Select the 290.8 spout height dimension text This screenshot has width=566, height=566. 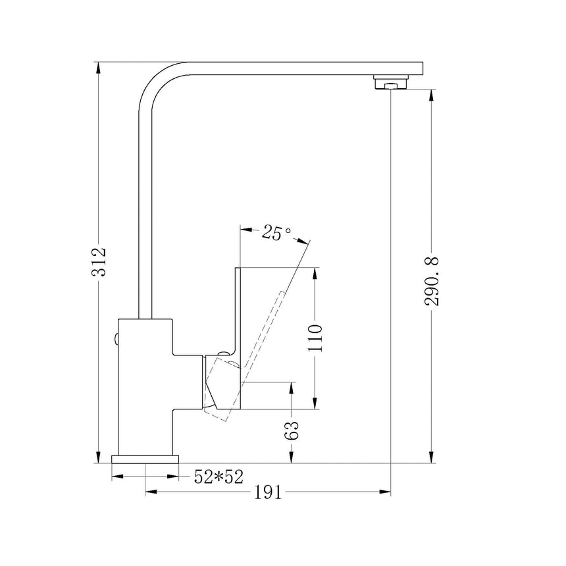(x=432, y=282)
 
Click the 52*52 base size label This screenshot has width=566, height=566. (x=215, y=477)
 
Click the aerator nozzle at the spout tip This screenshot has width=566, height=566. (x=391, y=83)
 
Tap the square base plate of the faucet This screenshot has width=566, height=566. (x=145, y=459)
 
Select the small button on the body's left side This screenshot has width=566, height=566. (x=116, y=340)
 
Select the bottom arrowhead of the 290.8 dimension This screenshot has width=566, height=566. (x=432, y=456)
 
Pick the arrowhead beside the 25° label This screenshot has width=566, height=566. (x=247, y=230)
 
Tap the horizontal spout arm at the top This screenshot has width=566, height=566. (x=296, y=68)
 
